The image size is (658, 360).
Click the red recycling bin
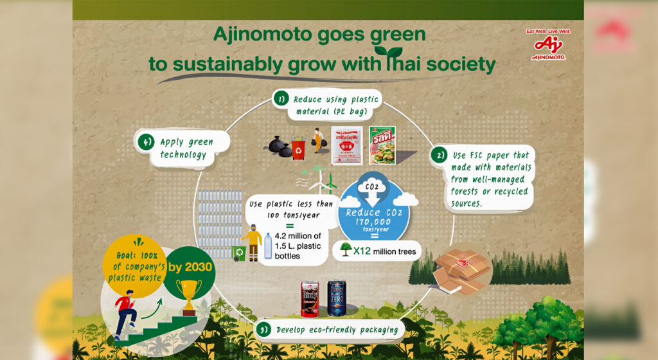point(299,148)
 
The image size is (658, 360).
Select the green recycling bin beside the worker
point(239,253)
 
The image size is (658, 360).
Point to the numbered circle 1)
point(281,99)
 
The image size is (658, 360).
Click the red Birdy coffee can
point(310,299)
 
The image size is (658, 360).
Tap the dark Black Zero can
point(337,298)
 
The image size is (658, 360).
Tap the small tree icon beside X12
point(345,250)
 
